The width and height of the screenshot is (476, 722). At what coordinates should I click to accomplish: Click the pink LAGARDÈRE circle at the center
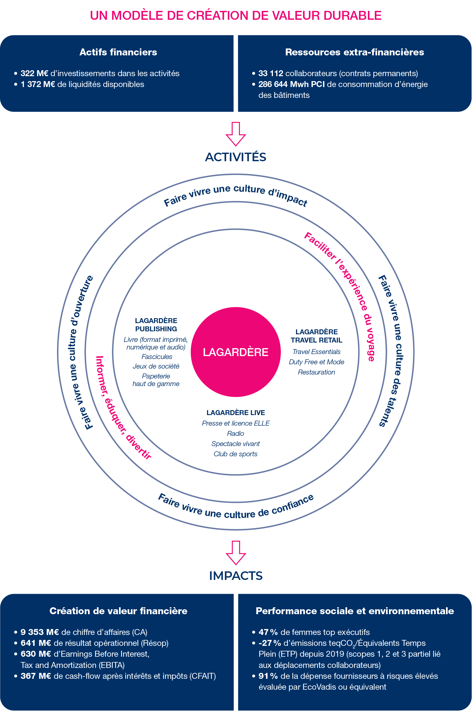pyautogui.click(x=236, y=352)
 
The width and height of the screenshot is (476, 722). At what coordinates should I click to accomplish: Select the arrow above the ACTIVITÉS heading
pyautogui.click(x=236, y=134)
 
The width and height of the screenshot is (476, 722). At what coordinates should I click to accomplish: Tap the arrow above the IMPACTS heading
pyautogui.click(x=236, y=553)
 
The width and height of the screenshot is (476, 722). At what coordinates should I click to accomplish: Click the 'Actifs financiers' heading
pyautogui.click(x=118, y=52)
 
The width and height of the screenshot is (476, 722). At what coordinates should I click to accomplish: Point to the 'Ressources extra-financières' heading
pyautogui.click(x=354, y=52)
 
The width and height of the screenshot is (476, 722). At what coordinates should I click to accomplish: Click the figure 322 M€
pyautogui.click(x=34, y=73)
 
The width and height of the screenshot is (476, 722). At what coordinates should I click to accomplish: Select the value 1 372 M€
pyautogui.click(x=38, y=84)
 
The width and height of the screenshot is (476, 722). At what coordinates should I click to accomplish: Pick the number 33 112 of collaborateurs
pyautogui.click(x=271, y=73)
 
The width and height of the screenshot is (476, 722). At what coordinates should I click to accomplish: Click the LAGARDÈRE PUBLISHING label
pyautogui.click(x=156, y=325)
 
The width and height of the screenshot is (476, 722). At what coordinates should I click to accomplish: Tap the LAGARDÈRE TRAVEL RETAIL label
pyautogui.click(x=316, y=336)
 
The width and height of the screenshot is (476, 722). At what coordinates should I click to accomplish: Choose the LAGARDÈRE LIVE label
pyautogui.click(x=236, y=412)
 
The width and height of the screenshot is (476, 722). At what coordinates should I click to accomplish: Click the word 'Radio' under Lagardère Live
pyautogui.click(x=235, y=434)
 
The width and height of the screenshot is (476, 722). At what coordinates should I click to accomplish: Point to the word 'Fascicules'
pyautogui.click(x=157, y=357)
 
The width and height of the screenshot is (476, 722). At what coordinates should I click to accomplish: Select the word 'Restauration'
pyautogui.click(x=316, y=372)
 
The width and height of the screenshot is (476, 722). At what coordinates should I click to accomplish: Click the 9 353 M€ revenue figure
pyautogui.click(x=40, y=632)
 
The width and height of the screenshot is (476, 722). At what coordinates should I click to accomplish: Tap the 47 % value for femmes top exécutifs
pyautogui.click(x=268, y=632)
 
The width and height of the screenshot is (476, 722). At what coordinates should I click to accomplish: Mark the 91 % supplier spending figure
pyautogui.click(x=268, y=676)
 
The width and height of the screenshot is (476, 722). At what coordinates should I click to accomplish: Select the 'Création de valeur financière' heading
pyautogui.click(x=118, y=611)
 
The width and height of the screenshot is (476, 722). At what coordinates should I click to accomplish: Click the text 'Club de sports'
pyautogui.click(x=235, y=454)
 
